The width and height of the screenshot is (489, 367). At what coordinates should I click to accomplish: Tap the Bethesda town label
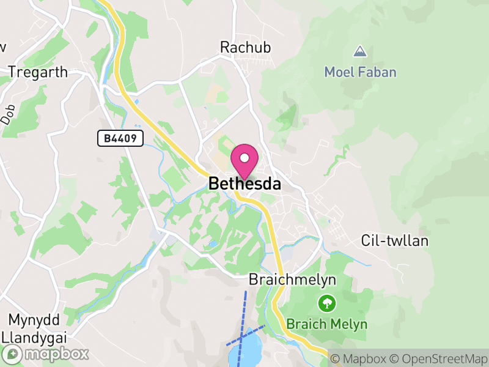[x=244, y=183]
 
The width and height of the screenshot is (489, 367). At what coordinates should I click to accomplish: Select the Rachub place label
[x=245, y=47]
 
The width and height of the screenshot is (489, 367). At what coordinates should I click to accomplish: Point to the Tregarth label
[x=38, y=72]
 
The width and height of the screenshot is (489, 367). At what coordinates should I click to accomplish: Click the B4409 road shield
[x=120, y=139]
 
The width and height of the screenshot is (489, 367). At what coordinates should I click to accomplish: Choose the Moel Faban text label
[x=360, y=72]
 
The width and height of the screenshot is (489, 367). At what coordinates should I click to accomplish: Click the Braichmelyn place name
[x=292, y=280]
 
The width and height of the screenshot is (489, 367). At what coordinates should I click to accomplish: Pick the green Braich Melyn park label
[x=328, y=324]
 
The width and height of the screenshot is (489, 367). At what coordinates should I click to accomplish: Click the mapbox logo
[x=46, y=354]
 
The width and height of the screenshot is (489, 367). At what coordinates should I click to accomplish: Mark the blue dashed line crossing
[x=243, y=336]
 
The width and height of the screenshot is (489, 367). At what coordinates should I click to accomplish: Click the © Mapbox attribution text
[x=358, y=358]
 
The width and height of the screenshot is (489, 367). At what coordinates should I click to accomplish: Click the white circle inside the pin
[x=244, y=158]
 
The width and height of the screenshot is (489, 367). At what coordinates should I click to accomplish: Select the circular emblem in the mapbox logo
[x=13, y=354]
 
